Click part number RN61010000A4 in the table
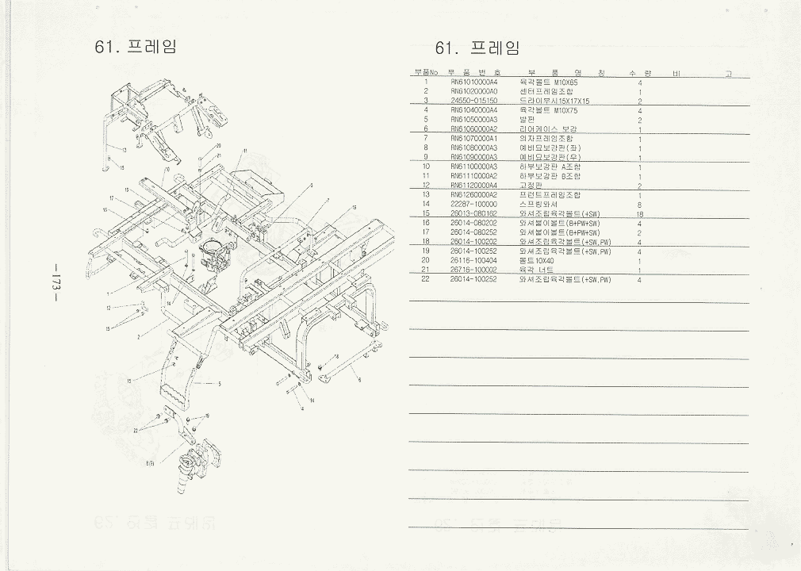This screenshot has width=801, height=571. click(473, 82)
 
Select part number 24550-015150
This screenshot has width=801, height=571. click(473, 101)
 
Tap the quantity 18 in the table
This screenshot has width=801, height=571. click(639, 214)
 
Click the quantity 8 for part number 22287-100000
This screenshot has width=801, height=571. click(639, 205)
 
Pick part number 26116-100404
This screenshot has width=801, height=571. click(473, 260)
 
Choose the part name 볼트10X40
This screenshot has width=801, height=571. click(536, 260)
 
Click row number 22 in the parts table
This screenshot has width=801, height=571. click(426, 279)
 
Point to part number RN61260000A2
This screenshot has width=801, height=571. click(473, 194)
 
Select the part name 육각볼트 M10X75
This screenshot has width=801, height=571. click(548, 110)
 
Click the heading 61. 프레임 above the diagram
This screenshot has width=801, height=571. click(136, 46)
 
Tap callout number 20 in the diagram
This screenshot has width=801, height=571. click(218, 146)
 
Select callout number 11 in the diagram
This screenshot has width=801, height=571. click(246, 151)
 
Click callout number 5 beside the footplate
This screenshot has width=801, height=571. click(220, 384)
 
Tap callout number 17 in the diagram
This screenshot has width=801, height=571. click(113, 198)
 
